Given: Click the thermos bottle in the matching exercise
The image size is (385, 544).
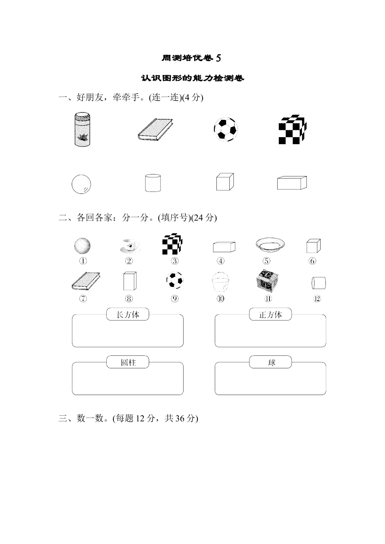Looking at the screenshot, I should [83, 129].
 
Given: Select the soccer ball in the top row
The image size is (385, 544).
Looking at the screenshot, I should [226, 129].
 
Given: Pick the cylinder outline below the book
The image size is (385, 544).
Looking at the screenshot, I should [153, 183].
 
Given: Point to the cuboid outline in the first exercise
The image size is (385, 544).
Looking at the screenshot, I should [292, 183].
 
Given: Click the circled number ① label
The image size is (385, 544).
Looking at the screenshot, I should [83, 261].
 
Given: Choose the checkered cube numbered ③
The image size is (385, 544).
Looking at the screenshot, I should [172, 244].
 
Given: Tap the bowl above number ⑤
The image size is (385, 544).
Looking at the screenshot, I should [270, 244].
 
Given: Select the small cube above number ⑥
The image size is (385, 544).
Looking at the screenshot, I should [313, 246].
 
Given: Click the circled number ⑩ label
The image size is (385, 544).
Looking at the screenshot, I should [220, 299].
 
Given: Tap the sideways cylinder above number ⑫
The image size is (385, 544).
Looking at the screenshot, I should [319, 282].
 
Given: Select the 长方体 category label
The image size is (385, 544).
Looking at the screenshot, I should [128, 314].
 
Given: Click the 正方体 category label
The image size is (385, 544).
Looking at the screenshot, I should [270, 314].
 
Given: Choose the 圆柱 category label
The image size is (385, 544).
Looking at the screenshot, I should [128, 362].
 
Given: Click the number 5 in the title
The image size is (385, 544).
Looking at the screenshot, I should [219, 58].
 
